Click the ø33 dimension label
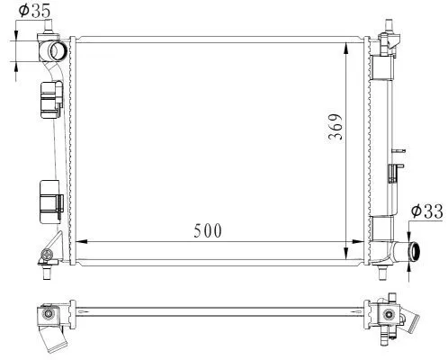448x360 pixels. click(x=426, y=211)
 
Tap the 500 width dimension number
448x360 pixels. click(x=207, y=229)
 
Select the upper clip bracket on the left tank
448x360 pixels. click(x=49, y=99)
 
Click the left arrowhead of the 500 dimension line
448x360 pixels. click(x=76, y=241)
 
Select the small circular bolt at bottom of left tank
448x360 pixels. click(x=44, y=261)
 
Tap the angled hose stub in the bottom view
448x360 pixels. click(x=53, y=340)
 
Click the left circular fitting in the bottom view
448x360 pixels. click(x=46, y=314)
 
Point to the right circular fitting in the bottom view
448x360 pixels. click(x=388, y=315)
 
